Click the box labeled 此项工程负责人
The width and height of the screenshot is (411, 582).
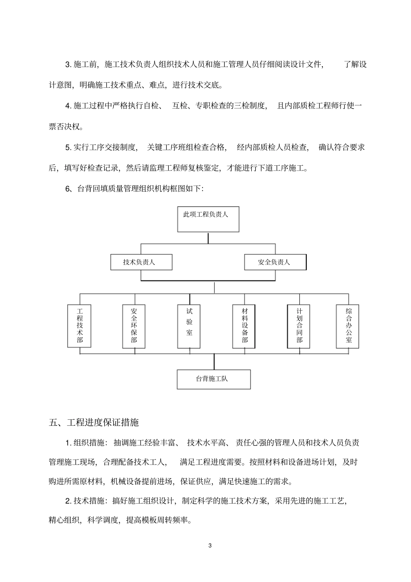click(208, 219)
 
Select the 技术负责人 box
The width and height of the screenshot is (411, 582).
click(141, 262)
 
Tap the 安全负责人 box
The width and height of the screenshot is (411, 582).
click(275, 262)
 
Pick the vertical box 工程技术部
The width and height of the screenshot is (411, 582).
click(80, 326)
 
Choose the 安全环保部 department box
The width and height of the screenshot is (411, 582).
click(134, 326)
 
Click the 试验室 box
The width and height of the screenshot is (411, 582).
click(189, 326)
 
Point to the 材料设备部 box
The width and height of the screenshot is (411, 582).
click(244, 326)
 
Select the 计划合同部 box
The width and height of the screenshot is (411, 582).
click(299, 326)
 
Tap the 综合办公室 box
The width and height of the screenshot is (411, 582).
click(348, 326)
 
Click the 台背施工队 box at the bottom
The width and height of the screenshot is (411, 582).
click(214, 379)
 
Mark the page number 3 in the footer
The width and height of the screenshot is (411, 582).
click(210, 545)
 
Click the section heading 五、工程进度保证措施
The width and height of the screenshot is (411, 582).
click(94, 422)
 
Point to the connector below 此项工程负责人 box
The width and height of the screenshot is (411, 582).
click(208, 238)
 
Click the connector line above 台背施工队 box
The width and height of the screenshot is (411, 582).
click(214, 362)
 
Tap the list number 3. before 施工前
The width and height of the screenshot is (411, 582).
click(68, 65)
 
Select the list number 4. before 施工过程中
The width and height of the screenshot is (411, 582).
click(68, 106)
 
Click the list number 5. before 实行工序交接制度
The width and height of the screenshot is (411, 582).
click(68, 148)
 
